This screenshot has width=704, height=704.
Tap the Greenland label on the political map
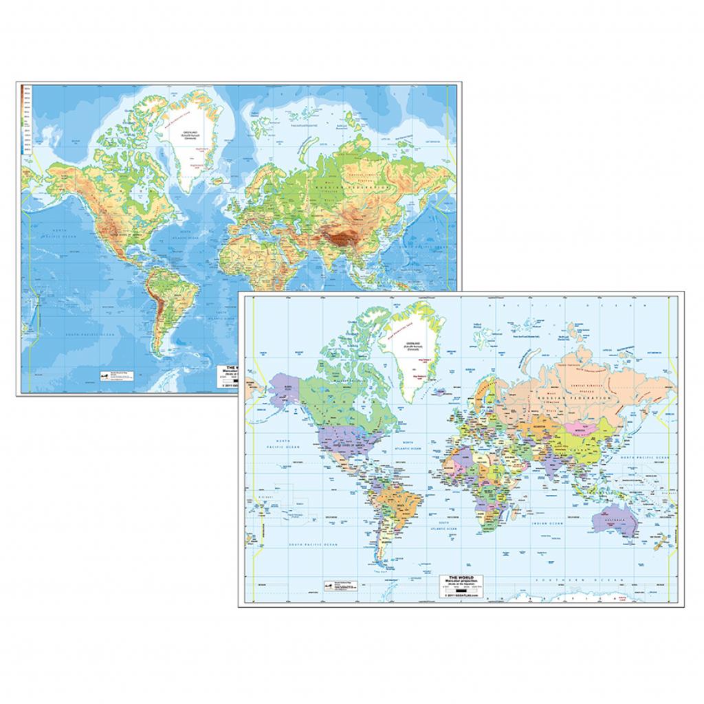coord(413,342)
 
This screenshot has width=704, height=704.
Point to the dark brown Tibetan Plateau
coord(340,240)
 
